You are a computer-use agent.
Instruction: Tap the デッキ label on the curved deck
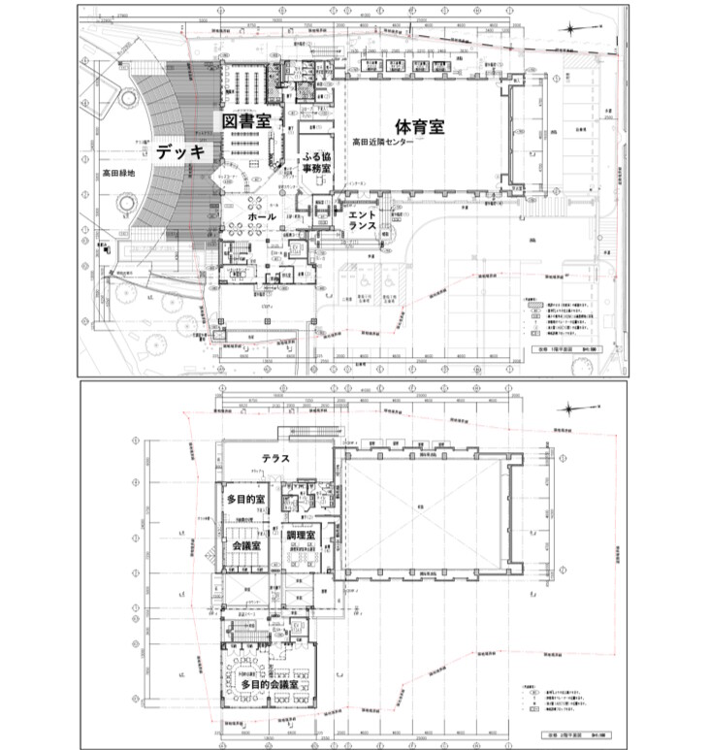point(179,151)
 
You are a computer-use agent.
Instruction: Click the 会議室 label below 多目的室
point(249,546)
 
